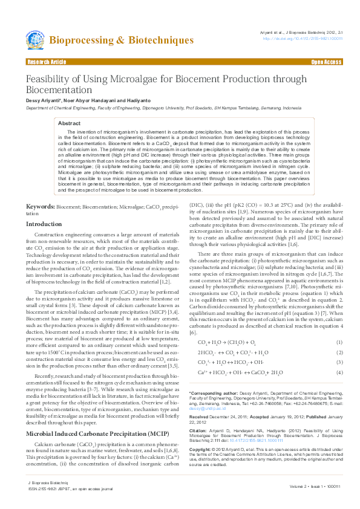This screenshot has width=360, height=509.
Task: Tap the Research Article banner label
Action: [x=47, y=62]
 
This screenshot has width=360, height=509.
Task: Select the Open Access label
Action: [x=326, y=62]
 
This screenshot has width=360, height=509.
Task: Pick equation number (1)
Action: [x=339, y=325]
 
